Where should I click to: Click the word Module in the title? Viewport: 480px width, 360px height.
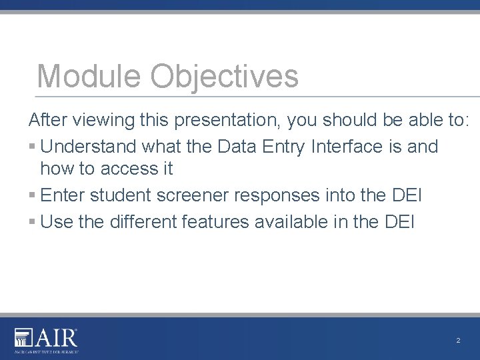coord(89,75)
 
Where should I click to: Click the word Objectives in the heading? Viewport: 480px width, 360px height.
coord(225,77)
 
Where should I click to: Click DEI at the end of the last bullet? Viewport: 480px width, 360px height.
coord(399,222)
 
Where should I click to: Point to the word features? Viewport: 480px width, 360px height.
coord(217,222)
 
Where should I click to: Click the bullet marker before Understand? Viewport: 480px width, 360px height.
coord(33,147)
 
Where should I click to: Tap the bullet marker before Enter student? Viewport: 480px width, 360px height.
coord(33,196)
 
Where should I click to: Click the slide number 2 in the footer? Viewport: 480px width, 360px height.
coord(458,341)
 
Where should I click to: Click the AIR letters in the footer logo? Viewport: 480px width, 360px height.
coord(57,339)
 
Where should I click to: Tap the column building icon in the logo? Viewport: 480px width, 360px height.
coord(23,339)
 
